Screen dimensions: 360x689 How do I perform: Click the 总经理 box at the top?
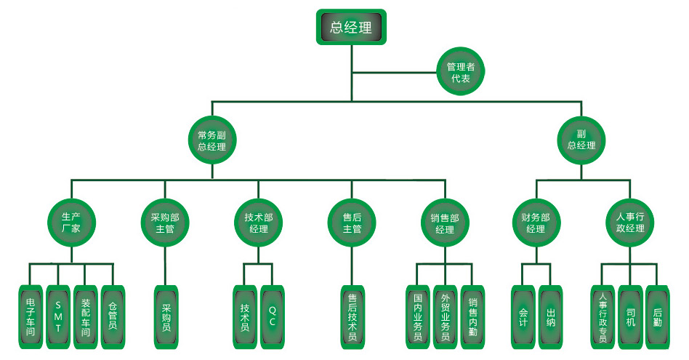pos(350,28)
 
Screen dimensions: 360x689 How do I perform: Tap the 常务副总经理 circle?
pos(211,140)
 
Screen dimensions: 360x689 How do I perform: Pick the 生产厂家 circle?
pos(70,222)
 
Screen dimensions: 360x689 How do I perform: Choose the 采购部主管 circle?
pos(164,223)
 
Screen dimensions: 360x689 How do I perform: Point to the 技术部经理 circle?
pos(259,223)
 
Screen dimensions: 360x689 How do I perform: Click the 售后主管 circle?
pos(352,223)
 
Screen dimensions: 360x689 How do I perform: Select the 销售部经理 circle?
pos(445,223)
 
